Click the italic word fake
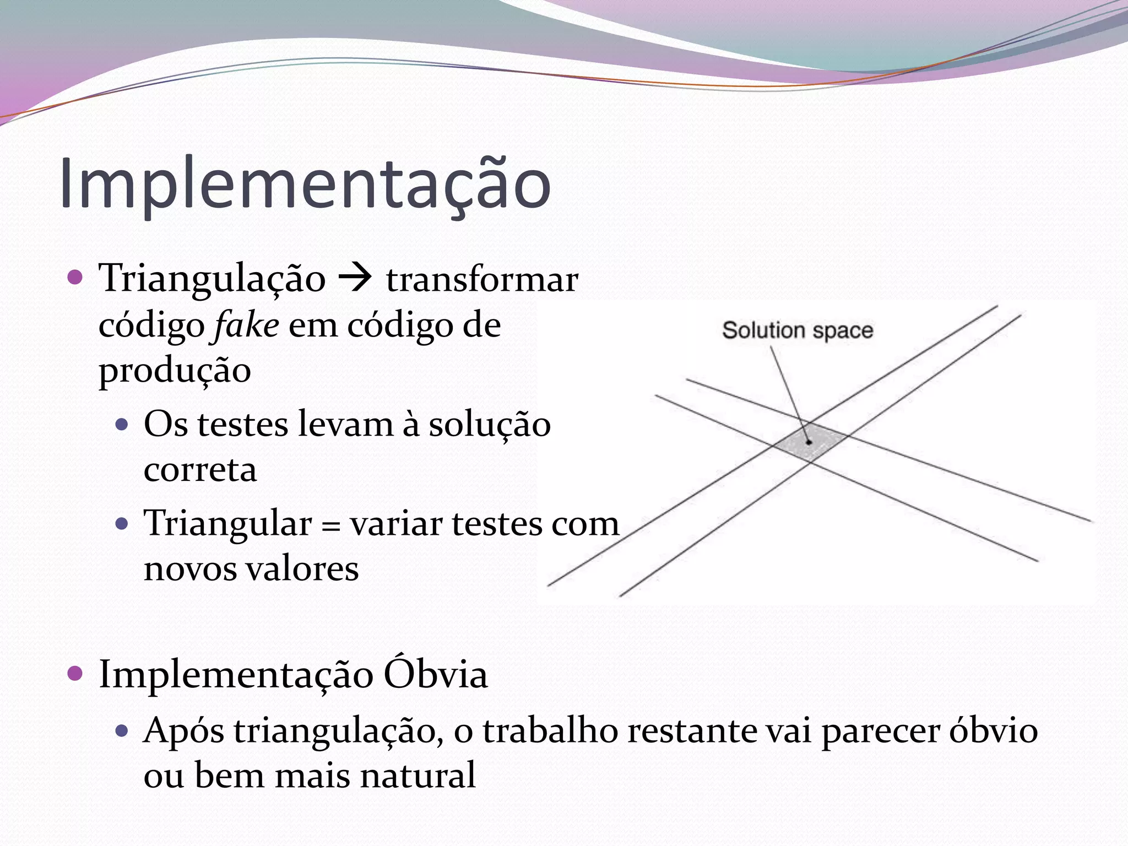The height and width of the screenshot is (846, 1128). click(x=246, y=325)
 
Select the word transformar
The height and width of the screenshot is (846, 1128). click(x=482, y=280)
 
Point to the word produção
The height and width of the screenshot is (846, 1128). click(x=175, y=370)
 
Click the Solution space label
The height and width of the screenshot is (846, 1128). click(x=798, y=330)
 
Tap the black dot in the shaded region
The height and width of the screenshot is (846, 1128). click(x=809, y=442)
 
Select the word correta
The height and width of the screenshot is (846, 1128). click(x=200, y=470)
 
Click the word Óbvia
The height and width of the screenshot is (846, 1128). click(x=435, y=674)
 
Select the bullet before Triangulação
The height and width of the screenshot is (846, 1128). click(x=74, y=277)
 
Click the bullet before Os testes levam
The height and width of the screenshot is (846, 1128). click(x=122, y=425)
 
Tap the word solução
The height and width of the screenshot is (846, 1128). click(x=490, y=425)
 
